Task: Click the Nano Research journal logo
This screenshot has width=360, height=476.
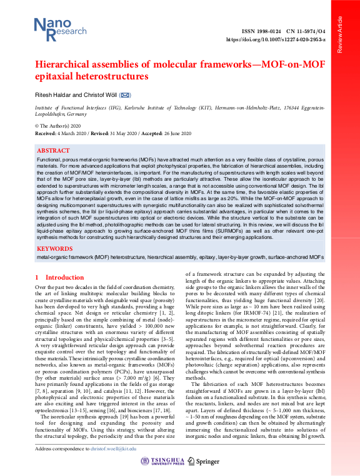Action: pyautogui.click(x=53, y=29)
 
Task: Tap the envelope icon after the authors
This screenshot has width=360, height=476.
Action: pyautogui.click(x=125, y=94)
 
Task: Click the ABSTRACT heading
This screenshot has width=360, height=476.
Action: pyautogui.click(x=54, y=151)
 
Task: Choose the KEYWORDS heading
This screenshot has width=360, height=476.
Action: pyautogui.click(x=55, y=248)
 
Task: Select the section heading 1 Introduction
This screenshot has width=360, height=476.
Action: pyautogui.click(x=59, y=278)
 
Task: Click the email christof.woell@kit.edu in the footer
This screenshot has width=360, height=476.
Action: pyautogui.click(x=111, y=449)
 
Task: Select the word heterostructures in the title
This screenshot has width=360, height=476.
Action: pyautogui.click(x=107, y=77)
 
